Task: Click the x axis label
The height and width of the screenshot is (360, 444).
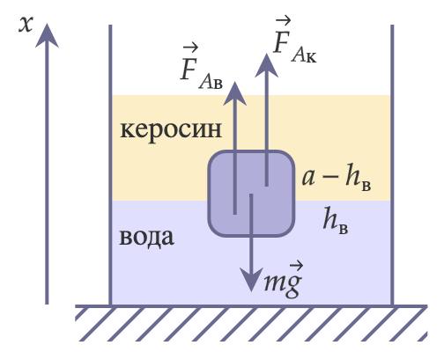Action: tap(26, 24)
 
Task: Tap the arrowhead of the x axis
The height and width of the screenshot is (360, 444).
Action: tap(47, 35)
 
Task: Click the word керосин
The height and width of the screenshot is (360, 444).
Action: tap(171, 130)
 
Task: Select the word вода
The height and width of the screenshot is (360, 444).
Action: tap(146, 237)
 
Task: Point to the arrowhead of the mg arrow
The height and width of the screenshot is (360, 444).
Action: tap(251, 279)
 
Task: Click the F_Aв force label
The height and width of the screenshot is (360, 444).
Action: tap(202, 71)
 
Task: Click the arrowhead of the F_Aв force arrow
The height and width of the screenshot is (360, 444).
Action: tap(234, 93)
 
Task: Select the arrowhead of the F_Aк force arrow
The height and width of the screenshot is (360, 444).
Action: tap(266, 65)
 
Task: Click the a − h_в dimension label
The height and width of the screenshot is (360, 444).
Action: tap(337, 178)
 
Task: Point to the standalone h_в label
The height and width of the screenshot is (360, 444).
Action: tap(336, 221)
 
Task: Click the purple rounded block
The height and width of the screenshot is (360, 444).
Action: tap(251, 194)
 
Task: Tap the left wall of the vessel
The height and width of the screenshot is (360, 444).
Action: tap(110, 165)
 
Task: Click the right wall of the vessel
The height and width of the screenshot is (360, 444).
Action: tap(392, 165)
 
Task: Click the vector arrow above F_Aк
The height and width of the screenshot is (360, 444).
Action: tap(284, 21)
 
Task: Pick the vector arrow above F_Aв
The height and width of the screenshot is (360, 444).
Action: tap(190, 48)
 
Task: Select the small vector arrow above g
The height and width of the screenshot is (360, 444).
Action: tap(296, 267)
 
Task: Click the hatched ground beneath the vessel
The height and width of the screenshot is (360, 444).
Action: tap(251, 323)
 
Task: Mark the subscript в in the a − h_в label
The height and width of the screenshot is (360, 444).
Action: tap(366, 187)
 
